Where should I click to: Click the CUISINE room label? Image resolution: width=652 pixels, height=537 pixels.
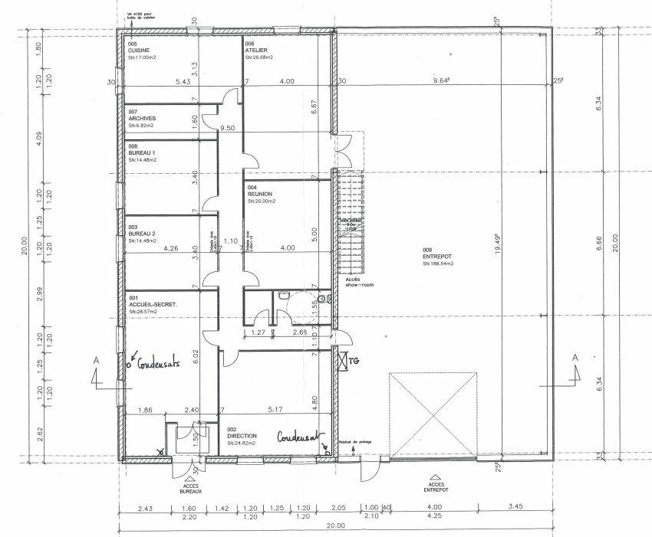(139, 51)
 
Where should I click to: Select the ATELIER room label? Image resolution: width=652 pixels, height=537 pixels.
(255, 51)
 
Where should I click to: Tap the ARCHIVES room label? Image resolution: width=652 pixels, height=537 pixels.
(143, 119)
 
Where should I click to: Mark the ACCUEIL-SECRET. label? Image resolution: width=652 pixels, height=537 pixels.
(153, 305)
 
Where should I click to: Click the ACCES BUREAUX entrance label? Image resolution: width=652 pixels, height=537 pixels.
(181, 487)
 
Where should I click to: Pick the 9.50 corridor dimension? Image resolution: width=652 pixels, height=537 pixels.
(226, 129)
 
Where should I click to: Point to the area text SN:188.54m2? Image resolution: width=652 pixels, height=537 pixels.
(439, 264)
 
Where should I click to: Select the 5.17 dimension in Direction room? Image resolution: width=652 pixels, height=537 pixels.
(273, 410)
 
